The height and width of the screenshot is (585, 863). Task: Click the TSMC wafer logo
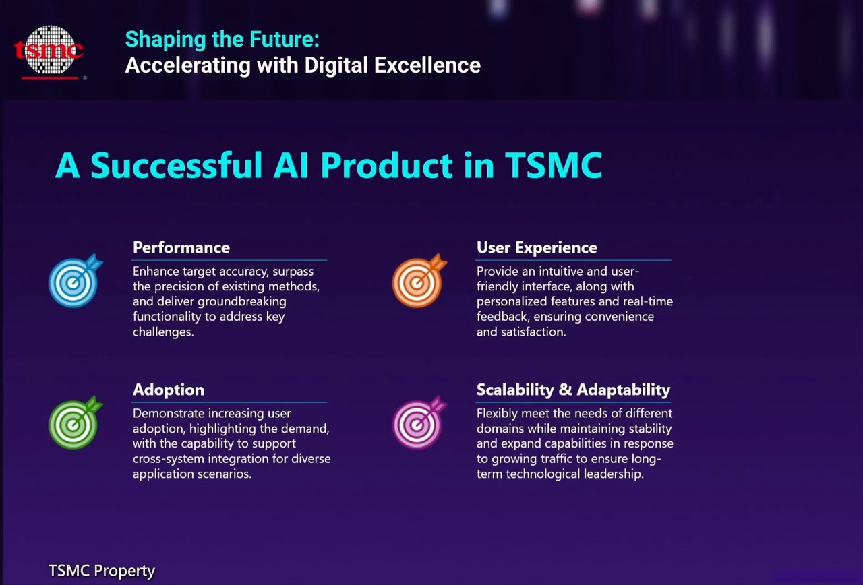49,52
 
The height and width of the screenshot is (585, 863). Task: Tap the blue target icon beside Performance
75,280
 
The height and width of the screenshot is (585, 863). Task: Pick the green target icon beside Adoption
75,423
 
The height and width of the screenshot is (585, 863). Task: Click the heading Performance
181,247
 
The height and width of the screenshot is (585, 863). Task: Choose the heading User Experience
537,247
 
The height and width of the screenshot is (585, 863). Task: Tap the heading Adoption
169,390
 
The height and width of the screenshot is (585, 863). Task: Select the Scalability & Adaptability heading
573,390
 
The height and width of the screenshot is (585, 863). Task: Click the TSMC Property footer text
102,571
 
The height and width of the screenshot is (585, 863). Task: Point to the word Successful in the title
177,165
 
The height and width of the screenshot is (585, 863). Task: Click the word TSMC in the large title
554,165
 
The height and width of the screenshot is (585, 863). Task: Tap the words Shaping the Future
222,39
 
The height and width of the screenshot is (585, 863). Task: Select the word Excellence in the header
427,65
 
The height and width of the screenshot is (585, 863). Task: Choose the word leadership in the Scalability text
614,474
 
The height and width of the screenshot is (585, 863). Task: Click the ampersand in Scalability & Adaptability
565,390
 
